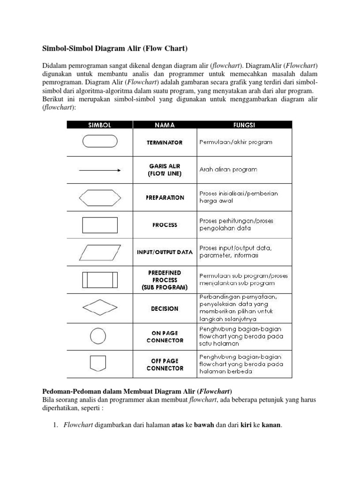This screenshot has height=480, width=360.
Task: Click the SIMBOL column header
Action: click(100, 125)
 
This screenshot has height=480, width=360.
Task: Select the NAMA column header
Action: click(165, 125)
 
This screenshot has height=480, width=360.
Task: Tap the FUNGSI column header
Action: click(244, 125)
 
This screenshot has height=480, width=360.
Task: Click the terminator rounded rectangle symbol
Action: click(100, 142)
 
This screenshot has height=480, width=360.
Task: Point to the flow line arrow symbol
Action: click(100, 171)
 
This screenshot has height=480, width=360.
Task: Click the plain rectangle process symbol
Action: click(100, 225)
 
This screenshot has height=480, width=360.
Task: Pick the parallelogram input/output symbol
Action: click(100, 252)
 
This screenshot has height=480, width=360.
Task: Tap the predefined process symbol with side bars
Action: click(100, 279)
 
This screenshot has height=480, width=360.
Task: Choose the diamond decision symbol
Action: click(100, 308)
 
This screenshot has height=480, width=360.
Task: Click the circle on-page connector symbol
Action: click(98, 335)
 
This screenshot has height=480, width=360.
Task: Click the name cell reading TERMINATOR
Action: click(165, 142)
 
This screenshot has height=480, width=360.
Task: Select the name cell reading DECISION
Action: click(165, 309)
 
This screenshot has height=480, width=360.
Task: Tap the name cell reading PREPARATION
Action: click(165, 198)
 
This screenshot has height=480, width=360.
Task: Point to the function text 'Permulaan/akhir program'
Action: click(235, 142)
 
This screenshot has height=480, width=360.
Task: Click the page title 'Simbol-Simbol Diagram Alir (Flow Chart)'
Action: click(115, 48)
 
